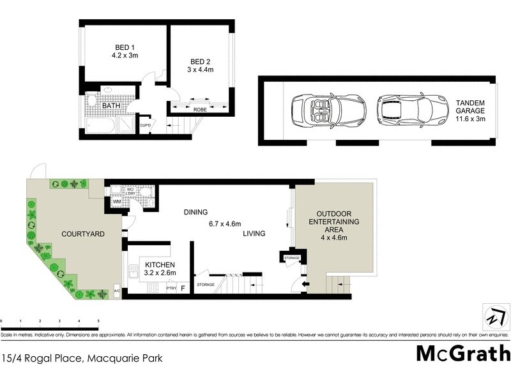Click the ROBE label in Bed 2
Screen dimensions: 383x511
(x=200, y=110)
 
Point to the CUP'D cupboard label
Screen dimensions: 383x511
(x=145, y=124)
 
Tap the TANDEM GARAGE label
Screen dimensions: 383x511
(x=471, y=103)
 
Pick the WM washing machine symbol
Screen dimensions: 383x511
(x=117, y=202)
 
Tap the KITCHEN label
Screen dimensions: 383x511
(x=156, y=264)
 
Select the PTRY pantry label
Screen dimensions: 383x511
(x=171, y=289)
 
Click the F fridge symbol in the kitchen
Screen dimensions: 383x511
(x=183, y=289)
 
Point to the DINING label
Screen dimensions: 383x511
(x=195, y=212)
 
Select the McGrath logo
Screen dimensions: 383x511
(x=462, y=353)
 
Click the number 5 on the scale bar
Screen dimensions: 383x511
(x=98, y=321)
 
